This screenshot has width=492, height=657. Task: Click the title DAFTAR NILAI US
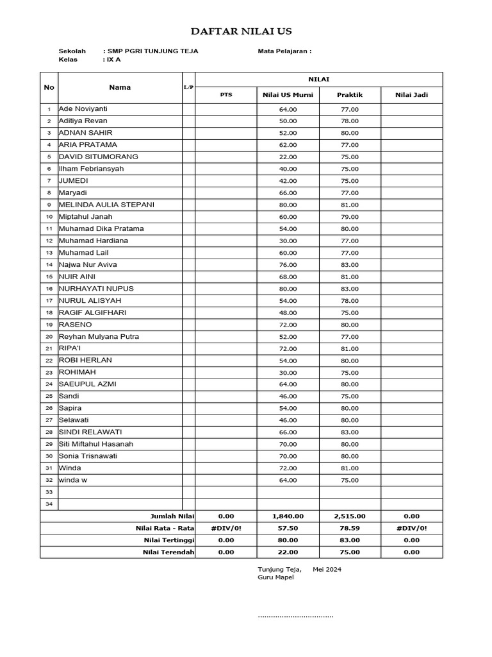242,31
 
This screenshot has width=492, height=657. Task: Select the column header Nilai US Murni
288,95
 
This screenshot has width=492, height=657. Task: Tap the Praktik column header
350,95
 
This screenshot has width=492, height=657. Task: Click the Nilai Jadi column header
411,95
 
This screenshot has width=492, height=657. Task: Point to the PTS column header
226,95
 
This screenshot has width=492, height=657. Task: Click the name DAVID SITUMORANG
98,157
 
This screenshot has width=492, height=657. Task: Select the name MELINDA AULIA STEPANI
106,205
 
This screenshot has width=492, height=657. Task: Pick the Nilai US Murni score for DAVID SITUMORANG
288,157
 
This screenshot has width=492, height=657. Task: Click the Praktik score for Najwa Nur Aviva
350,265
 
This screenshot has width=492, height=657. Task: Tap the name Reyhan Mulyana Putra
99,337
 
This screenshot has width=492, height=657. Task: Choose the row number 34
49,504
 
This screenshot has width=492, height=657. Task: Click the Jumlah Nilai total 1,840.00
288,516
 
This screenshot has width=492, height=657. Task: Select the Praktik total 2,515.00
350,516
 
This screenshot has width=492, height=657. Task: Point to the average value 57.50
288,528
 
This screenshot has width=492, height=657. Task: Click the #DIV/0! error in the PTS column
226,528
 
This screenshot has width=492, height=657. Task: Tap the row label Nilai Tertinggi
168,540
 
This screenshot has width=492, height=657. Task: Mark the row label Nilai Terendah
168,552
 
